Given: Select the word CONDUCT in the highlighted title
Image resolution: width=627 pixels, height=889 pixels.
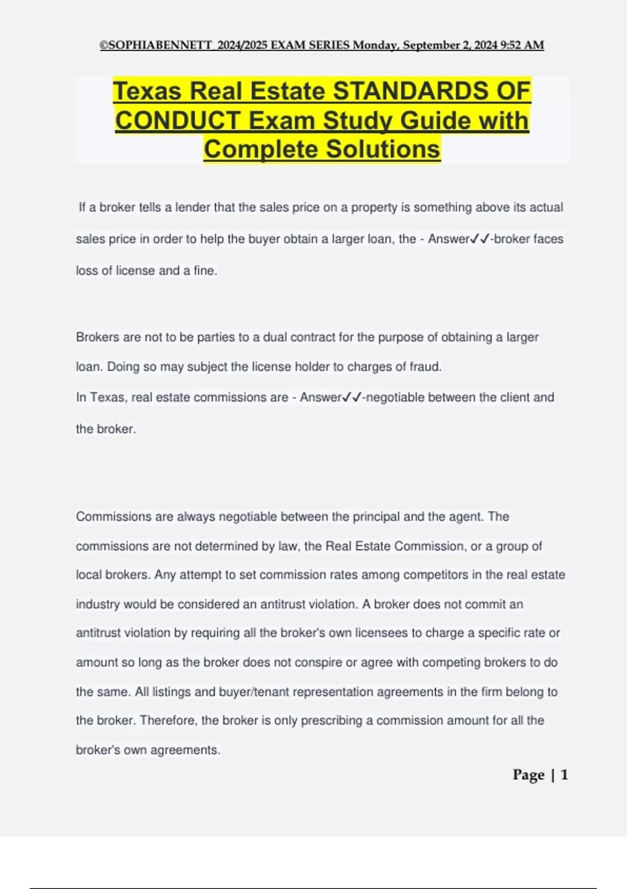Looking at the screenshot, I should coord(178,121).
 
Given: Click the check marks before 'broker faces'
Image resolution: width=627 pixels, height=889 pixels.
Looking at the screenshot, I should coord(480,239).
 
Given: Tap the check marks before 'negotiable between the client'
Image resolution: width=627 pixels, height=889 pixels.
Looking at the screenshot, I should coord(352,397).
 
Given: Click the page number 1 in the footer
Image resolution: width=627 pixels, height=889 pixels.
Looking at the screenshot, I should coord(564,774).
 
